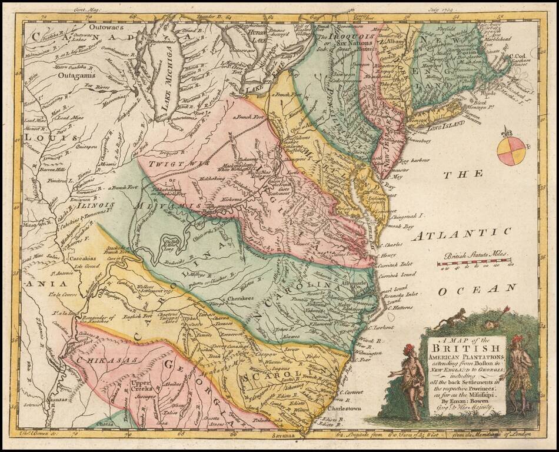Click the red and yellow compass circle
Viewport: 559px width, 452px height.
tap(510, 151)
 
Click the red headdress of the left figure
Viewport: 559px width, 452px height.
tap(407, 349)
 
